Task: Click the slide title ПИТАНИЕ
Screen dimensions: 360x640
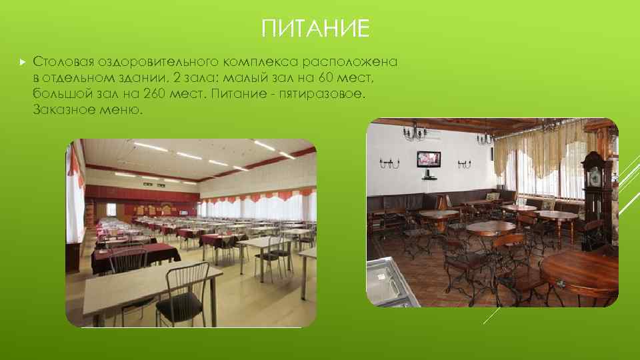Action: (315, 29)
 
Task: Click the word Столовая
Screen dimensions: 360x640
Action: (63, 62)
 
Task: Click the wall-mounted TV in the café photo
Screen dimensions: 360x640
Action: (429, 159)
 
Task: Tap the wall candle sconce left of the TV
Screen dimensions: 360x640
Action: (389, 162)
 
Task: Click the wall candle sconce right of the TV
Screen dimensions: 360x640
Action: (464, 162)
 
